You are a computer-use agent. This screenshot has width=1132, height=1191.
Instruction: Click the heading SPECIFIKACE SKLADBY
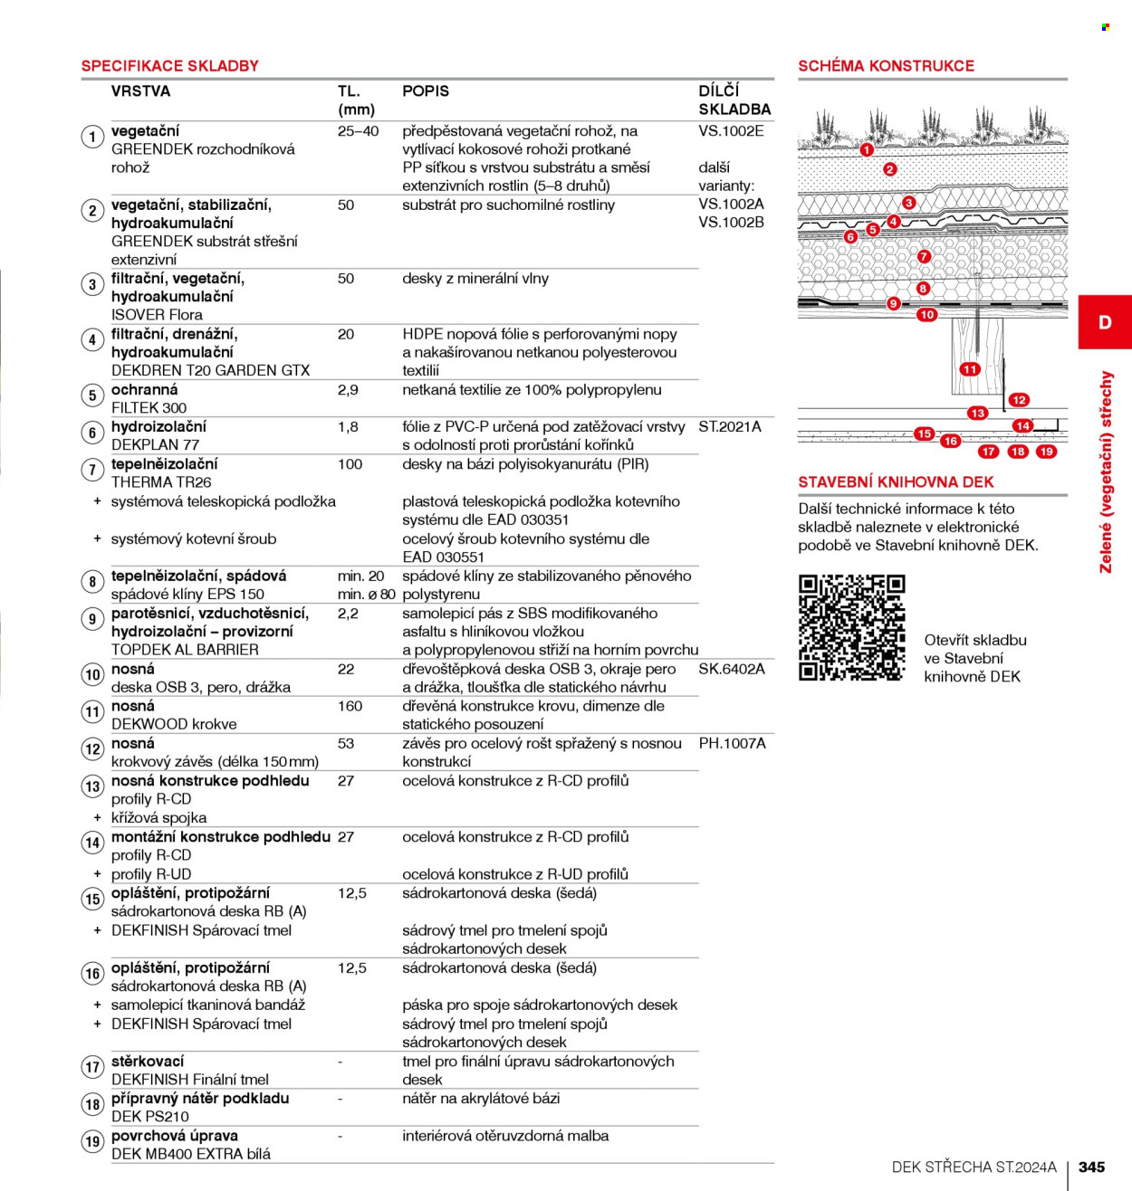pos(169,66)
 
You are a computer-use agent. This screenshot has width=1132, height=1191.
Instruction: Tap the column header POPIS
pos(426,91)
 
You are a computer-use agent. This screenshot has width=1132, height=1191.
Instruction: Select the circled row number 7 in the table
pos(92,470)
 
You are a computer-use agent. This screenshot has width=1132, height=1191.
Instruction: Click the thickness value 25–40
pos(358,131)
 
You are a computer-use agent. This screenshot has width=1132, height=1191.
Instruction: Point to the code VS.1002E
pos(731,131)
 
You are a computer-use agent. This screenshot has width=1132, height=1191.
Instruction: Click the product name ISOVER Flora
pos(157,315)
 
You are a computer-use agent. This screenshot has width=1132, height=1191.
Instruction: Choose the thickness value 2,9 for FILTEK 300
pos(348,390)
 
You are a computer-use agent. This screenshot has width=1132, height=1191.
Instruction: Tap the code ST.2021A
pos(729,427)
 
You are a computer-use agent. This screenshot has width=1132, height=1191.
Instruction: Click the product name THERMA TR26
pos(161,482)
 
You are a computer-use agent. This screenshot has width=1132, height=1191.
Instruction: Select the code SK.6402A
pos(731,670)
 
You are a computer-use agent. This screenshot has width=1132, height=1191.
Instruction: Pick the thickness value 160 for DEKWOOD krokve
pos(350,706)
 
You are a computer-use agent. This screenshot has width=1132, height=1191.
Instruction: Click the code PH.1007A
pos(732,743)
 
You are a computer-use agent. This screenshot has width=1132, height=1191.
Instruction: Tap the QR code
pos(851,627)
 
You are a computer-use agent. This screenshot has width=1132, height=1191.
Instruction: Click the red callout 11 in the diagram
pos(970,369)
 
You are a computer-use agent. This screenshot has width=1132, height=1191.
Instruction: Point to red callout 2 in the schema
pos(889,169)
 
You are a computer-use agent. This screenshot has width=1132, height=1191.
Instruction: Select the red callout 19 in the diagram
pos(1046,452)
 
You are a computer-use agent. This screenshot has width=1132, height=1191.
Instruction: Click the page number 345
pos(1091,1167)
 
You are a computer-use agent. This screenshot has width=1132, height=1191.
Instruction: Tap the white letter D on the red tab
pos(1105,322)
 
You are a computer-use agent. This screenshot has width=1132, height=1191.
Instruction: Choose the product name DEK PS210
pos(149,1117)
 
